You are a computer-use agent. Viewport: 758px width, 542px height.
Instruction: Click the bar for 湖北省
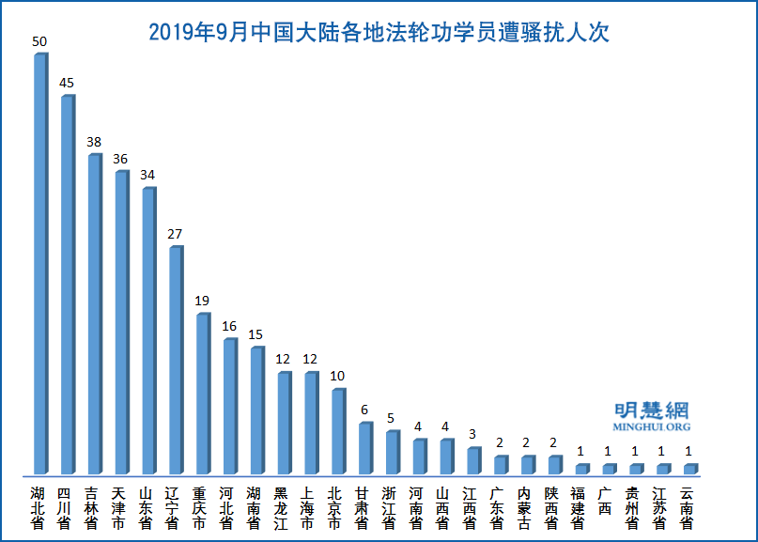[x=39, y=263]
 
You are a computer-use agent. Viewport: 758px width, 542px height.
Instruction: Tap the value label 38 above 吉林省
[x=94, y=142]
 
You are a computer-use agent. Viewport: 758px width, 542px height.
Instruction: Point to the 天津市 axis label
[x=119, y=508]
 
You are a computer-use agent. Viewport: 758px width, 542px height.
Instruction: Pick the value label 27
[x=175, y=234]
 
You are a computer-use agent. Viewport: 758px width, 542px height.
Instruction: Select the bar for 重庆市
[x=202, y=393]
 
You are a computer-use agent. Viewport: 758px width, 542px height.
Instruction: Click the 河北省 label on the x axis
[x=227, y=508]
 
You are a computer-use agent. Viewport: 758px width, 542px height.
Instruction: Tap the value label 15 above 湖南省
[x=255, y=334]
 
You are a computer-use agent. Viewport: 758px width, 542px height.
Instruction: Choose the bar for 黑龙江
[x=283, y=423]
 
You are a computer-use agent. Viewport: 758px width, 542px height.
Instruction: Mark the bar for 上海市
[x=310, y=423]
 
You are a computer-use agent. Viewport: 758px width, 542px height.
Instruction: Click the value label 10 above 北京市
[x=337, y=377]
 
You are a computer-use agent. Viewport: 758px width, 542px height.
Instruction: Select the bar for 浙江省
[x=392, y=452]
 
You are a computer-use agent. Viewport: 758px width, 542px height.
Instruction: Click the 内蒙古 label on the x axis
[x=525, y=508]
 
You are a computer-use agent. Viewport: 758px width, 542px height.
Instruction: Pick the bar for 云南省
[x=689, y=468]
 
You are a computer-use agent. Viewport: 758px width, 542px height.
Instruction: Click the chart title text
[x=379, y=33]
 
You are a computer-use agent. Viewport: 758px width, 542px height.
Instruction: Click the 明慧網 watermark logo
[x=651, y=410]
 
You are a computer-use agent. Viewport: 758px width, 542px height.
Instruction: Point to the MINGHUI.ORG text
[x=651, y=427]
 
